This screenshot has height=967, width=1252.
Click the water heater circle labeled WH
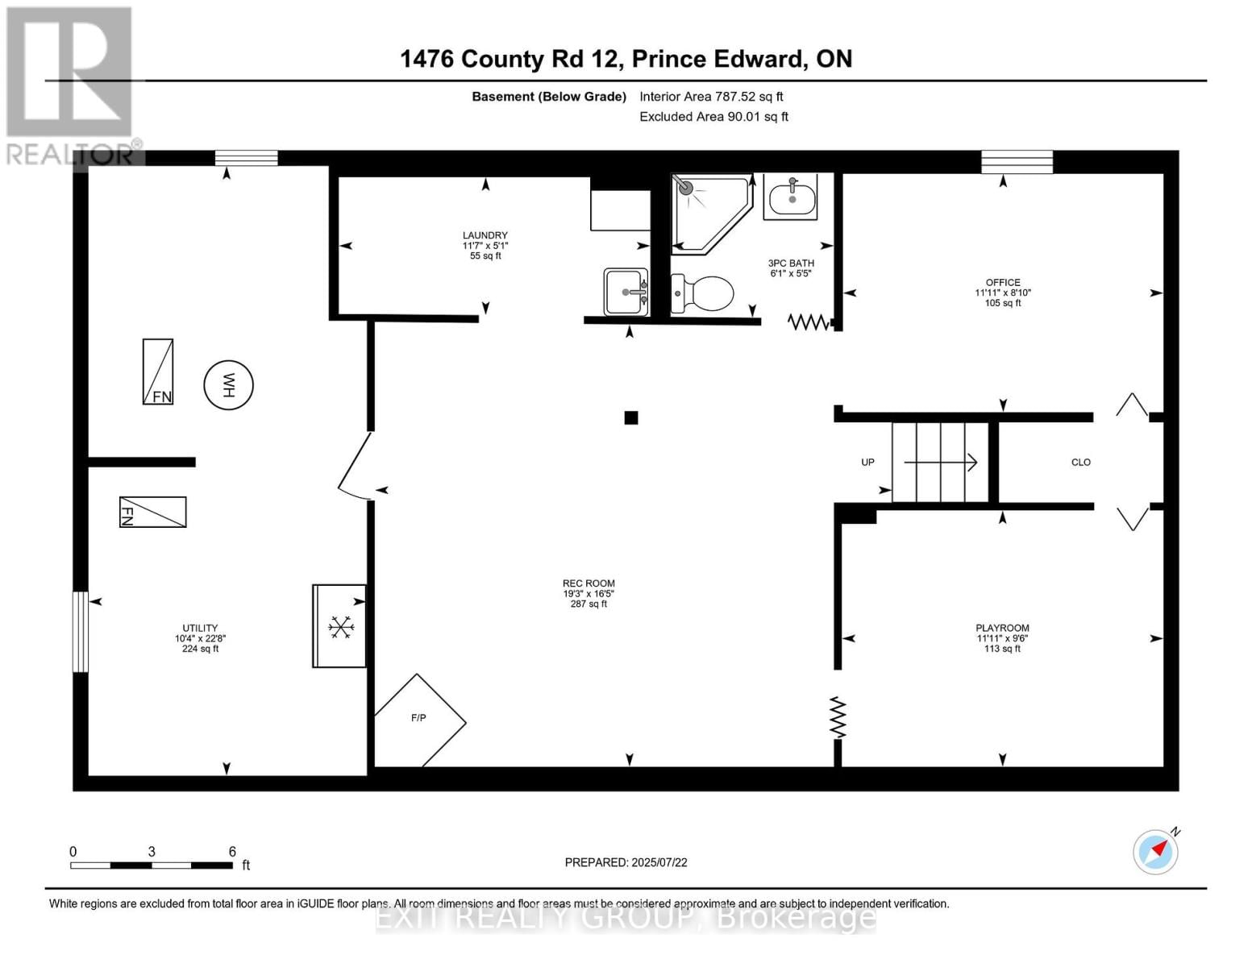pos(228,385)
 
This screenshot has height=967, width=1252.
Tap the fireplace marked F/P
pos(419,720)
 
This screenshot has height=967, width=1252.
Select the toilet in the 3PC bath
pos(702,294)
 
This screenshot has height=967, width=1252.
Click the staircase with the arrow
pos(940,463)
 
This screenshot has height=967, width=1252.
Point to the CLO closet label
pos(1080,463)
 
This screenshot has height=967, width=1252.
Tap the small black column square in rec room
pos(631,417)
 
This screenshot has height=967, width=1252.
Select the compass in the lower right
pos(1156,851)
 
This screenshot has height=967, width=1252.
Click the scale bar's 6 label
pos(232,852)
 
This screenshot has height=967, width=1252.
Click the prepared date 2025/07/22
pos(626,862)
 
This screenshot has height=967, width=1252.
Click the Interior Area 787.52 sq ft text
pos(711,97)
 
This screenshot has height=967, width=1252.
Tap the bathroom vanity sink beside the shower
pos(791,196)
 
